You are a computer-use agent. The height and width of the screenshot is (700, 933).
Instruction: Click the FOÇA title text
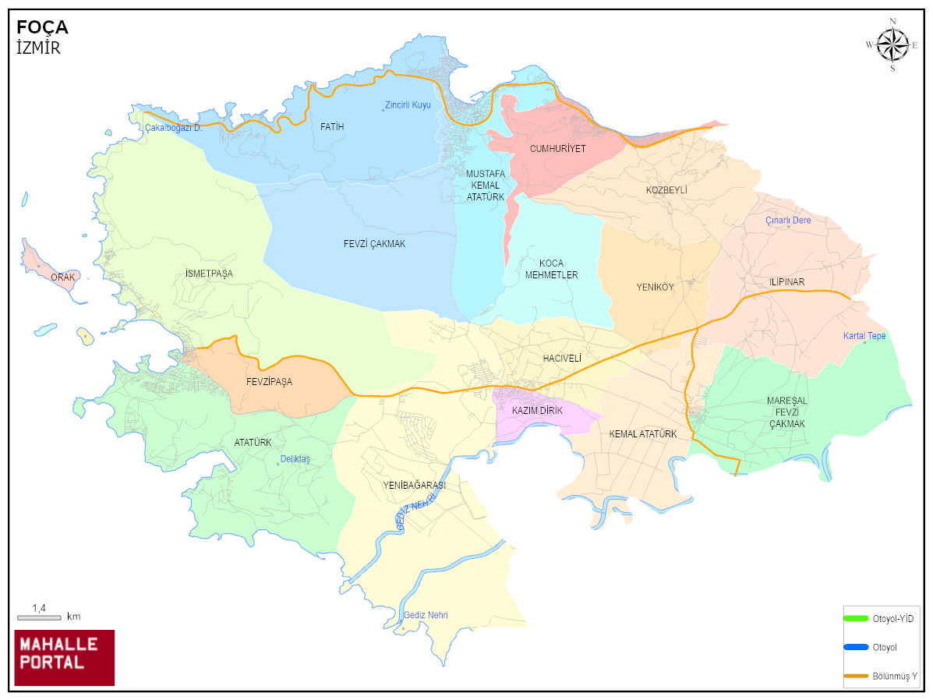coord(42,27)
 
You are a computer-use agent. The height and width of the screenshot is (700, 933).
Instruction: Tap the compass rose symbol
coord(892,44)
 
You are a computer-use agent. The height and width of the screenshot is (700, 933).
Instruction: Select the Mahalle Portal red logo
coord(65,657)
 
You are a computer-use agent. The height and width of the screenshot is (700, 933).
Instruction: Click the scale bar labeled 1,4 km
coord(39,617)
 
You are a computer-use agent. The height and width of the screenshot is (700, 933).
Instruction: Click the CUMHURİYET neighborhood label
coord(557,148)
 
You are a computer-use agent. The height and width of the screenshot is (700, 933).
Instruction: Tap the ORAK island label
coord(62,278)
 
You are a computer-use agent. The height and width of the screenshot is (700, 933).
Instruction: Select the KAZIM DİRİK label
coord(537,411)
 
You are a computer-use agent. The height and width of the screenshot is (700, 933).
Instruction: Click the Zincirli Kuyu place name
coord(408,105)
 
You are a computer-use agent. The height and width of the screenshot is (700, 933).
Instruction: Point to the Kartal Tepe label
coord(864,336)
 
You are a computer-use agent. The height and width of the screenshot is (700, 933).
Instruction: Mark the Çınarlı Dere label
coord(788,221)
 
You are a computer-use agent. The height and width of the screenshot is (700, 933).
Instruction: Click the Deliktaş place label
coord(295,460)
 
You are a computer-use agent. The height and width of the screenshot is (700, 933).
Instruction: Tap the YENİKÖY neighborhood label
coord(655,287)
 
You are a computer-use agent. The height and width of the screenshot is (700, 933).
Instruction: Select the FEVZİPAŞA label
coord(269,382)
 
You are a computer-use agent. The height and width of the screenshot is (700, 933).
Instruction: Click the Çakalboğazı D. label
coord(173,128)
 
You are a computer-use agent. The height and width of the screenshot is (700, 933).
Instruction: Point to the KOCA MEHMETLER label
coord(551,269)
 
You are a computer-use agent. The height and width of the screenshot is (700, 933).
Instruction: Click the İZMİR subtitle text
coord(38,48)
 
